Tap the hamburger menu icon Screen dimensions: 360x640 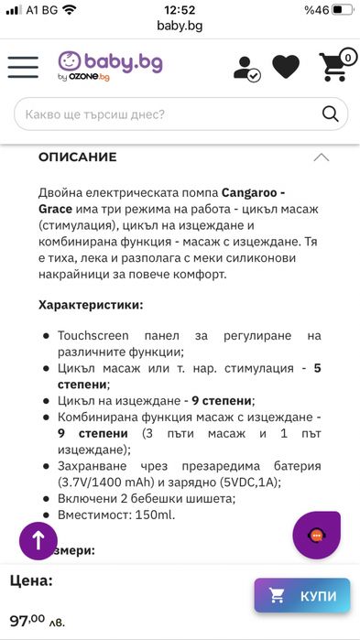click(23, 67)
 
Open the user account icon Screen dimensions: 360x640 click(246, 68)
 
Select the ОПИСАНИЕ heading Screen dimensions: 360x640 click(77, 157)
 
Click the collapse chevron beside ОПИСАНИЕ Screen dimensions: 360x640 click(321, 157)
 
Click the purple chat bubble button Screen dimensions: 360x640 click(316, 535)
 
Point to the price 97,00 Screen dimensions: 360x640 click(27, 621)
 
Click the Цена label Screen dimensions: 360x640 click(31, 580)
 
